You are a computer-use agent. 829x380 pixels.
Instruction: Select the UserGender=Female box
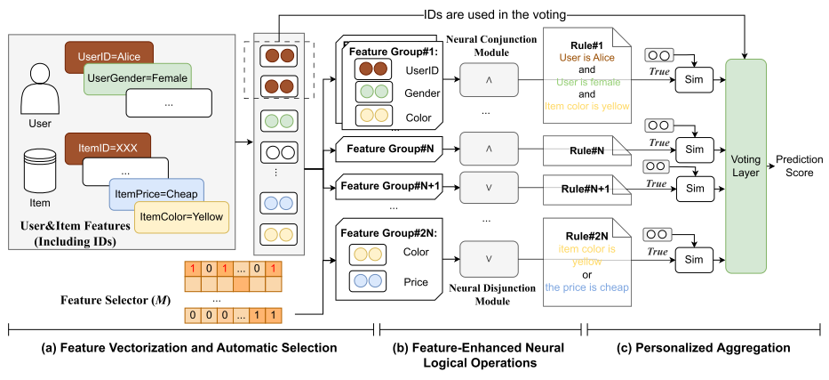137,79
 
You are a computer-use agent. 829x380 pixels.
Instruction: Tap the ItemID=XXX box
102,145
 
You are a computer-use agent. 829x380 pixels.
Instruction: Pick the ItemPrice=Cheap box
155,191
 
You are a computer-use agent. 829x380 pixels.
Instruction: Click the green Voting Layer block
745,166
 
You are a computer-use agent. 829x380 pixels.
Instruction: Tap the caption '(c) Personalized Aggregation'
702,347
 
